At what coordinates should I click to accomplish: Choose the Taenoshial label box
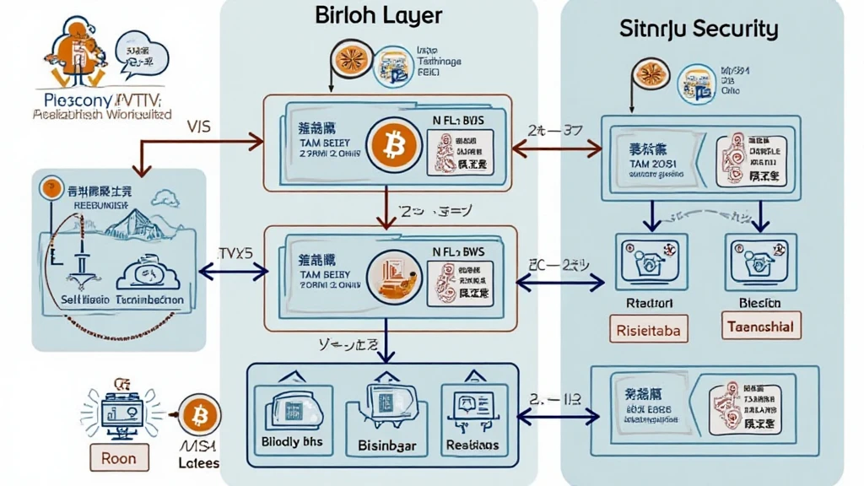point(763,326)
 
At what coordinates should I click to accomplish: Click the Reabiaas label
point(472,445)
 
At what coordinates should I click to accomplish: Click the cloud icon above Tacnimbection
point(145,274)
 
